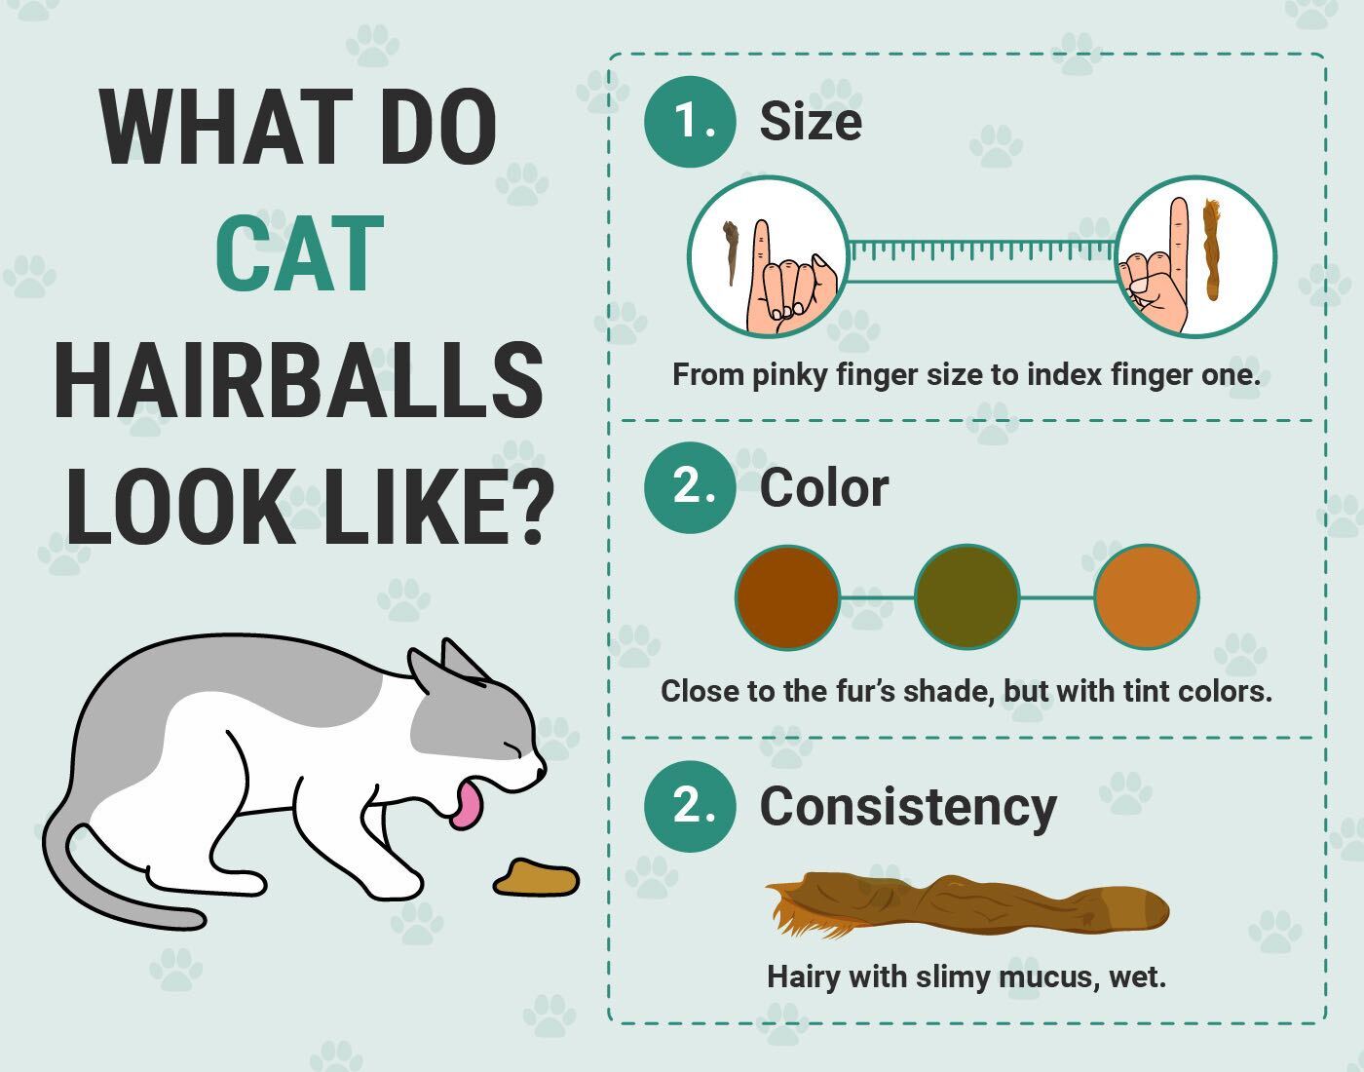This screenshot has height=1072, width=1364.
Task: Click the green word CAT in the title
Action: pyautogui.click(x=299, y=253)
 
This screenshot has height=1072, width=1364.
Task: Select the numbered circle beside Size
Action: pyautogui.click(x=690, y=122)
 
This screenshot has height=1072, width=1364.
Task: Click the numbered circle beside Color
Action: pyautogui.click(x=690, y=487)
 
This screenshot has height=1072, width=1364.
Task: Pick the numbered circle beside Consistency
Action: pyautogui.click(x=690, y=807)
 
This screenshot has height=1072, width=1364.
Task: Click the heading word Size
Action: pyautogui.click(x=811, y=122)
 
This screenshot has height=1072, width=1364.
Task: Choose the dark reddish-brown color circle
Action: pyautogui.click(x=787, y=596)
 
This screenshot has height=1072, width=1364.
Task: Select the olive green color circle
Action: pyautogui.click(x=966, y=596)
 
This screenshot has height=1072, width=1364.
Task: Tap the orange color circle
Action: pyautogui.click(x=1146, y=596)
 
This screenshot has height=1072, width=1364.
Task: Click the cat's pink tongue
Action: pyautogui.click(x=467, y=805)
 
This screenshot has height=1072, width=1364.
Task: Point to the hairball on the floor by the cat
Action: pyautogui.click(x=536, y=877)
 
